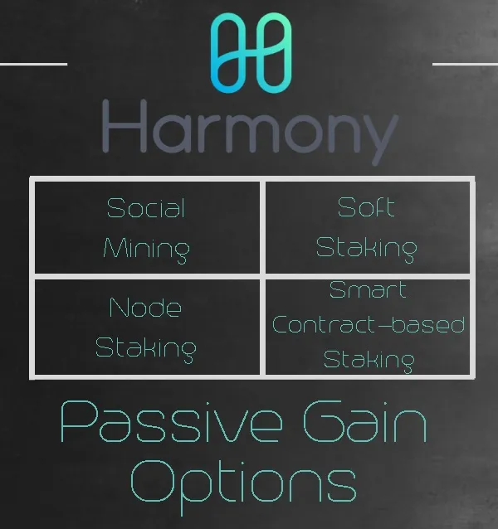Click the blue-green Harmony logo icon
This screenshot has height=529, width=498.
[x=251, y=53]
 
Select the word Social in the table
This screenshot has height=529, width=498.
[x=146, y=208]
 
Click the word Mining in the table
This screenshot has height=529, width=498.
[x=147, y=250]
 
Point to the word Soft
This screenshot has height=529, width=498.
[x=366, y=206]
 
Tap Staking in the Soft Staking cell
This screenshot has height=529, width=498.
[x=367, y=249]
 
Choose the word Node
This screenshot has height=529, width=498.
[x=145, y=307]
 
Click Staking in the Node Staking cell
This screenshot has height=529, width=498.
[x=146, y=349]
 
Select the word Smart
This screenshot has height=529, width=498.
[x=368, y=289]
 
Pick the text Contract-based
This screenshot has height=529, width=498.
[x=369, y=324]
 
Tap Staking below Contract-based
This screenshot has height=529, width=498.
[x=369, y=361]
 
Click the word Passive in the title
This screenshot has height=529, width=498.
[x=172, y=422]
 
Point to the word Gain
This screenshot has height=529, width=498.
[x=365, y=421]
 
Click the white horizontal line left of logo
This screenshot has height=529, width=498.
[x=33, y=64]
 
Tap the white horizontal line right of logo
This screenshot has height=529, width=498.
[x=466, y=64]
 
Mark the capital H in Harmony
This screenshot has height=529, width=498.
[x=124, y=126]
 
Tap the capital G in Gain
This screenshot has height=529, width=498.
[x=325, y=421]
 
